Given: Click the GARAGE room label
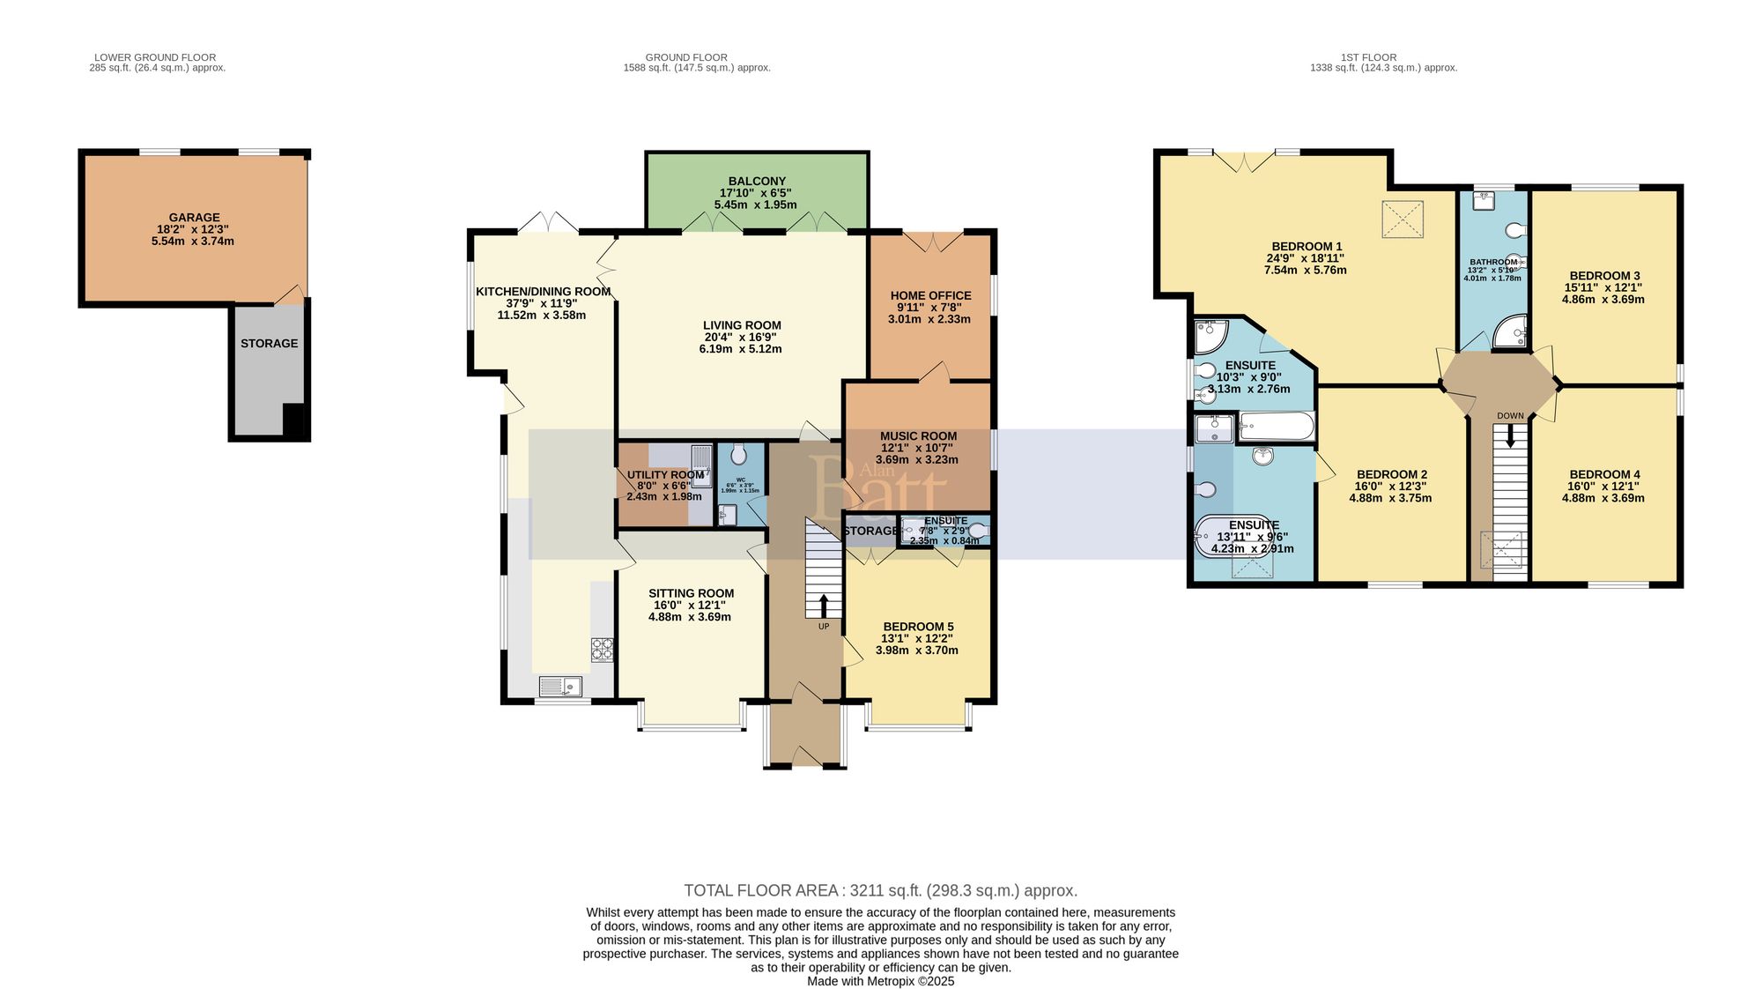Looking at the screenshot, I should (194, 218).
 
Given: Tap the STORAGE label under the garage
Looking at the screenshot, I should (269, 343).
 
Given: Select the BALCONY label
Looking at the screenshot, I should (757, 181).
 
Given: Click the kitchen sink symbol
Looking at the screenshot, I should (560, 685).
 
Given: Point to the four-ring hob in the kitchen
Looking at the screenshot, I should (602, 650).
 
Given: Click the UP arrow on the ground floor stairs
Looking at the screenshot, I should (824, 606).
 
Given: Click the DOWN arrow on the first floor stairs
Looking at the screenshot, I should (1510, 435).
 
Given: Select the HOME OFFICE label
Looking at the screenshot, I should (930, 296).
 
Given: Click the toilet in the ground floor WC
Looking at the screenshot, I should (738, 454).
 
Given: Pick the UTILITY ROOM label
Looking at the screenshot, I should (665, 475).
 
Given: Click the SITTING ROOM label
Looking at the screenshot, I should (691, 593).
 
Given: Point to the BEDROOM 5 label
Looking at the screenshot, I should (918, 627).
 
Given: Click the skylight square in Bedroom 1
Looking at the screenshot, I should (1403, 219).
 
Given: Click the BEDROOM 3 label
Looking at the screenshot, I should (1604, 275).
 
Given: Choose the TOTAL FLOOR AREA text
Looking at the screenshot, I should (880, 890).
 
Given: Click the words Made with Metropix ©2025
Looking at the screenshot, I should (880, 981).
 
